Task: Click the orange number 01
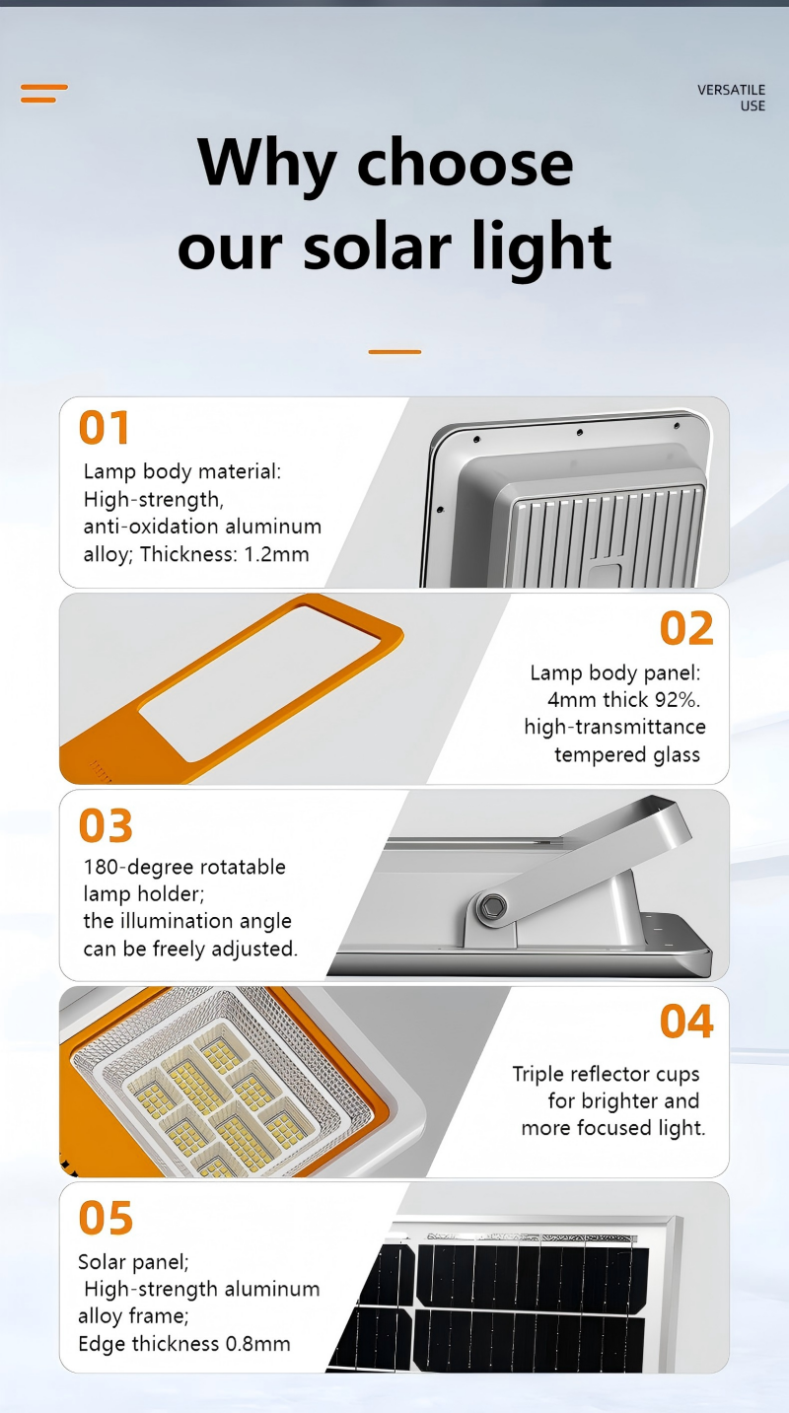tap(105, 428)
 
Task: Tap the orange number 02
tap(686, 628)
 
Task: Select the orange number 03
tap(106, 825)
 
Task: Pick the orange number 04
tap(686, 1022)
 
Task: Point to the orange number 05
tap(106, 1218)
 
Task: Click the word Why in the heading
tap(266, 164)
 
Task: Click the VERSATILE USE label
tap(731, 98)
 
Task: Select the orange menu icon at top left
tap(44, 94)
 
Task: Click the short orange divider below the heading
tap(394, 351)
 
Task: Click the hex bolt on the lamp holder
tap(491, 907)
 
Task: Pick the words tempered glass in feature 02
tap(627, 755)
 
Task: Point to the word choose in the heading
tap(466, 164)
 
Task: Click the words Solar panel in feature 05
tap(133, 1261)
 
